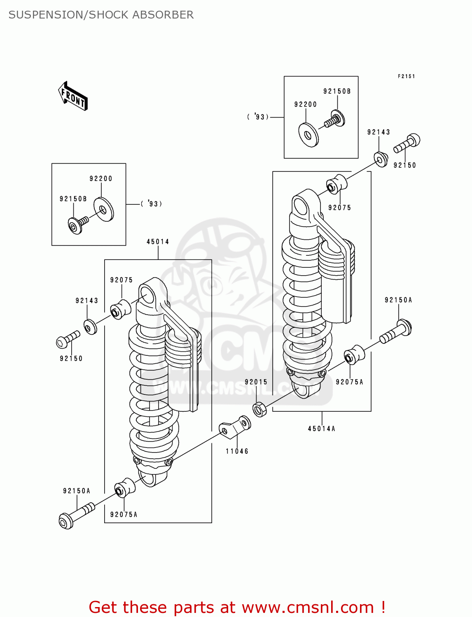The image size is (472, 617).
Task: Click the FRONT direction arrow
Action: point(73,96)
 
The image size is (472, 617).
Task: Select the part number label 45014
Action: point(158,242)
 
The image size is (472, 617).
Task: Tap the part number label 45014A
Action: point(321,429)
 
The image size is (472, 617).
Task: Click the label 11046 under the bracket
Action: point(237,451)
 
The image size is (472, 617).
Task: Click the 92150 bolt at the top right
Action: point(407,144)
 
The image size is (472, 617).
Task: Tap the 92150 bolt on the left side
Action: point(68,339)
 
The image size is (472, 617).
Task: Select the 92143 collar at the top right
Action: point(381,159)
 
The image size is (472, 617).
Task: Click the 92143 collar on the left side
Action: point(91,327)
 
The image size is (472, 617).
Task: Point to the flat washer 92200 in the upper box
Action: point(308,135)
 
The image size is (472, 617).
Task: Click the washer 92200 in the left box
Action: point(103,210)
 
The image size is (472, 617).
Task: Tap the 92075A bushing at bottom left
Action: point(125,488)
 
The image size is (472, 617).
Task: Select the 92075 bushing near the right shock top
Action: point(336,185)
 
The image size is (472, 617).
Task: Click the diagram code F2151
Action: point(406,76)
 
